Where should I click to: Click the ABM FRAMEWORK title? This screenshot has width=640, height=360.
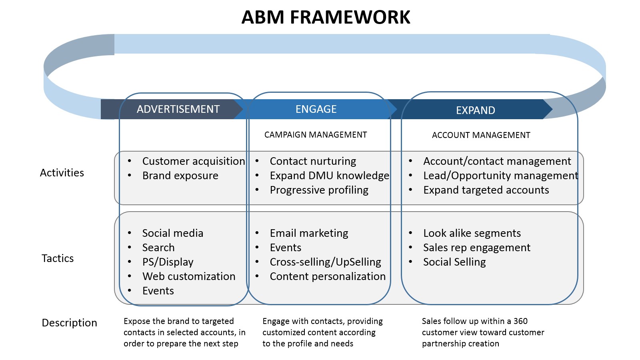[x=326, y=18]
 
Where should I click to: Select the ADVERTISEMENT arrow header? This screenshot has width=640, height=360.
[x=178, y=109]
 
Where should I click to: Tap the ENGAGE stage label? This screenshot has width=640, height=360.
[x=316, y=109]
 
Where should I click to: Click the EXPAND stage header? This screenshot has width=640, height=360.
[x=475, y=110]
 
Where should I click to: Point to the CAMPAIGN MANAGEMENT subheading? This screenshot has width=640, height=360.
[x=315, y=135]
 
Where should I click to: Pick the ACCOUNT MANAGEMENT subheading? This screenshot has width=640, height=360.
[x=481, y=135]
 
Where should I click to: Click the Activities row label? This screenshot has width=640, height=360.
[x=62, y=173]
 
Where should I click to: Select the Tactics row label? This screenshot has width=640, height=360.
[x=58, y=258]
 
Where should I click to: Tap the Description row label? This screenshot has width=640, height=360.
[x=69, y=323]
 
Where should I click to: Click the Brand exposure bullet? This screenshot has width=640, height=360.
[x=180, y=176]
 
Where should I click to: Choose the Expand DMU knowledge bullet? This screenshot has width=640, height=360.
[x=329, y=176]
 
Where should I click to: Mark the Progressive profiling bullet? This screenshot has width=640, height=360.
[x=319, y=190]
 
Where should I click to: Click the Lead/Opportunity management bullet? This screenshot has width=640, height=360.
[x=500, y=176]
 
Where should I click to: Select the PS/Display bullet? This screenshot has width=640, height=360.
[x=168, y=262]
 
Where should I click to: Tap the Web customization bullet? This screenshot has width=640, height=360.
[x=188, y=276]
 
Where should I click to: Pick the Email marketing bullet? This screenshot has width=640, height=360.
[x=309, y=233]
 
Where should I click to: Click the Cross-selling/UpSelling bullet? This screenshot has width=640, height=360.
[x=325, y=262]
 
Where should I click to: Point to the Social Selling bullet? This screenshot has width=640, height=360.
[x=454, y=262]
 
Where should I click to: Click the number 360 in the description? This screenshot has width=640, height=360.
[x=520, y=321]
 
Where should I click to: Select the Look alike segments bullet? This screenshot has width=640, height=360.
[x=472, y=233]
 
